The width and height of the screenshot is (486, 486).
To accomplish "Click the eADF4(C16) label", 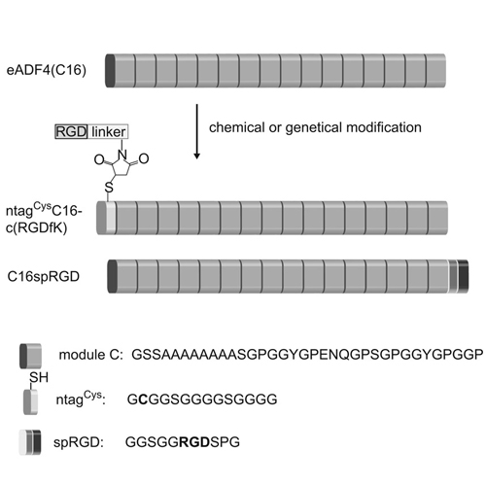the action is tap(47, 70).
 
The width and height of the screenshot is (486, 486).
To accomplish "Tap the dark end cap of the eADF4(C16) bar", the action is tap(110, 71).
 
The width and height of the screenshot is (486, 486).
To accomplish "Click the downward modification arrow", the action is tap(196, 131).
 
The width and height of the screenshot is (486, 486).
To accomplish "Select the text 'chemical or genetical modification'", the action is tap(315, 127).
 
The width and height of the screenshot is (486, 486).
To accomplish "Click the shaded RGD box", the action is tap(71, 131).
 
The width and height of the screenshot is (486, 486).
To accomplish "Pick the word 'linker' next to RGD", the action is tap(108, 131).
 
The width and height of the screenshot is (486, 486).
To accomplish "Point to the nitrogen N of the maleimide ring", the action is tap(122, 155).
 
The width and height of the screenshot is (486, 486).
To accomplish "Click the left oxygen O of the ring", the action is tap(99, 159).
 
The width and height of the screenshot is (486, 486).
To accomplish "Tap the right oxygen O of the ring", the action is tap(144, 158).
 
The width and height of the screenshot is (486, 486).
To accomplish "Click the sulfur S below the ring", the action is tap(109, 188).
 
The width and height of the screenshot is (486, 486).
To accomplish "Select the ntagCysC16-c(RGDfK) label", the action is tap(44, 218).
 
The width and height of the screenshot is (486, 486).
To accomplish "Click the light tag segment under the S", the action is tap(111, 218).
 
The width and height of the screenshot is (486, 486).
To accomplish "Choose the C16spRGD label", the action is tap(44, 276).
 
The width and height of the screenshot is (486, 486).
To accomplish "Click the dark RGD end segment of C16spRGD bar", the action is tap(463, 276).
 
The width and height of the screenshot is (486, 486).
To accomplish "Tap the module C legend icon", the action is tap(30, 356).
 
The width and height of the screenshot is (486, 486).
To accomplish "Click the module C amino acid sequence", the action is tap(307, 355).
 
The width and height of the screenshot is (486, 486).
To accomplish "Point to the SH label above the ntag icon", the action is tap(39, 377).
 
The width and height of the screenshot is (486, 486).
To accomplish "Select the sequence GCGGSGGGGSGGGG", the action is tap(202, 399).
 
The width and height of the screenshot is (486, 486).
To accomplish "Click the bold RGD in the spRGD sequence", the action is tap(194, 441).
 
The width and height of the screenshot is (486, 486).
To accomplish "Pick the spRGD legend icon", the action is tap(30, 442).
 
